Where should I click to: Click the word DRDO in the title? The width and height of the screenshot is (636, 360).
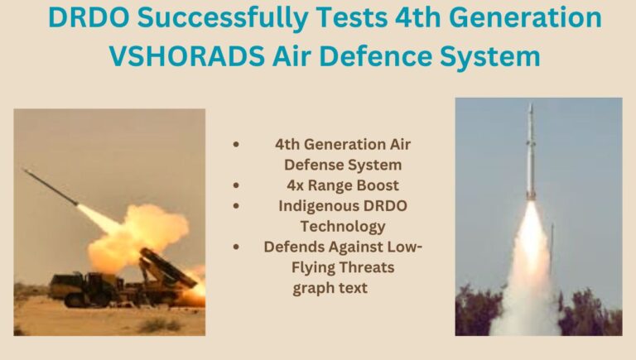tap(89, 17)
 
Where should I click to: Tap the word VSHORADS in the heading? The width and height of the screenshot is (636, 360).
tap(187, 56)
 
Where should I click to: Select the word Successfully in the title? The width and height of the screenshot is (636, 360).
tap(222, 19)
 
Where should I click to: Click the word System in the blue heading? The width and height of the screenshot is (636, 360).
tap(490, 57)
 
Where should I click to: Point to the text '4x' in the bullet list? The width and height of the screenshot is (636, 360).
tap(295, 185)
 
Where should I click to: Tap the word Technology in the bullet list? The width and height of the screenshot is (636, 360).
tap(343, 227)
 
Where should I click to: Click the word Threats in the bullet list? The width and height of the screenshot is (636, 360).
tap(369, 267)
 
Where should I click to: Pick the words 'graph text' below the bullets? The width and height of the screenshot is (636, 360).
tap(330, 288)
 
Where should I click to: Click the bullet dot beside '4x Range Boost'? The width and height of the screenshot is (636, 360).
tap(236, 185)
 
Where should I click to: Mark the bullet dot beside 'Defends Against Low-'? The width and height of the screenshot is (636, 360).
tap(236, 247)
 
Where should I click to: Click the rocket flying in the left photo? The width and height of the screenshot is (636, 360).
tap(51, 187)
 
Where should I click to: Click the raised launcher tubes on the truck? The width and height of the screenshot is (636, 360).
tap(167, 267)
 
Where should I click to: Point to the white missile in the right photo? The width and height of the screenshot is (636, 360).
tap(531, 152)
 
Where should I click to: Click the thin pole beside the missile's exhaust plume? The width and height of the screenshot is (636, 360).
tap(552, 247)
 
